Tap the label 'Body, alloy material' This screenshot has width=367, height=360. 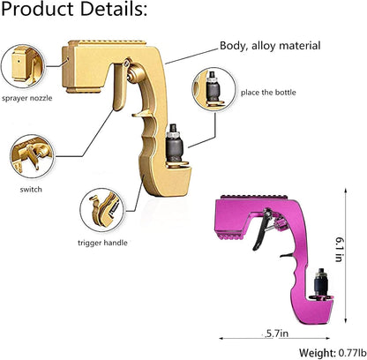[x=269, y=45]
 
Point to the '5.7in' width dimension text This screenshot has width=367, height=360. [x=275, y=333]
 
